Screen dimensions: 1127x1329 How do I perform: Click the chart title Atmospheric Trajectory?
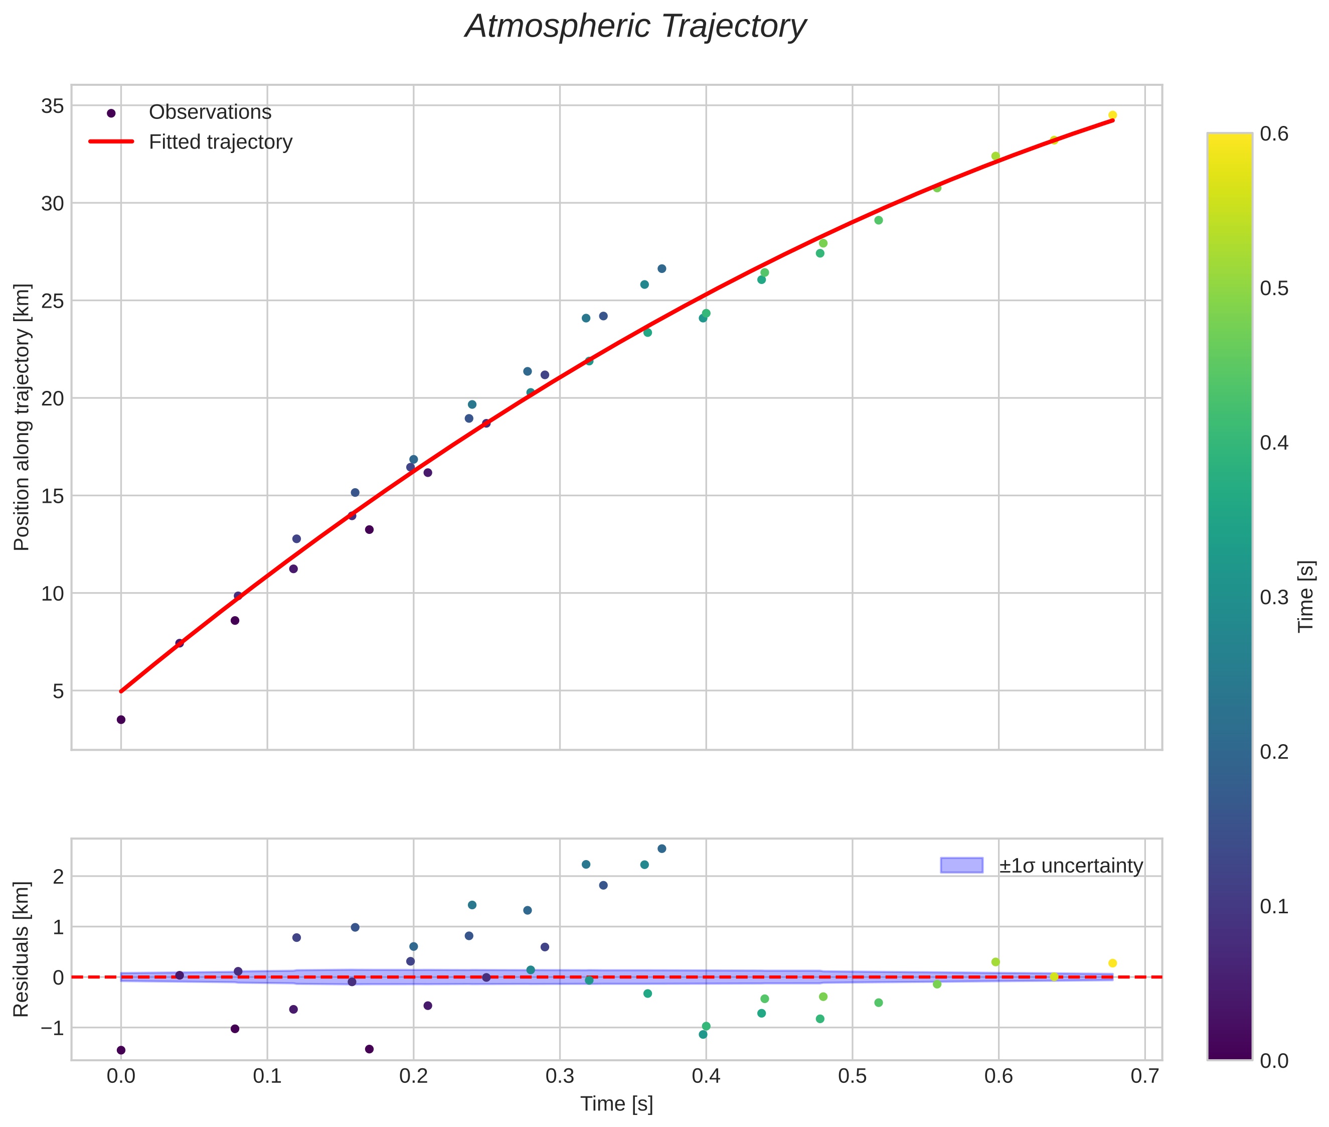[635, 27]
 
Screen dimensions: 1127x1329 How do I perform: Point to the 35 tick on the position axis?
[52, 106]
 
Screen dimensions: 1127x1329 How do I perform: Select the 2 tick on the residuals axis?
[58, 877]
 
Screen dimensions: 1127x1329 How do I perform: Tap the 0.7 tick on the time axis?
[1144, 1076]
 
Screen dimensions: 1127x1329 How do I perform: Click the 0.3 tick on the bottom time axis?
[560, 1076]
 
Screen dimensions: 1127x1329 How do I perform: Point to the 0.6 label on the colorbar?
[1273, 134]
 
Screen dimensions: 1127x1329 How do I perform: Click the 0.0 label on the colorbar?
[1273, 1061]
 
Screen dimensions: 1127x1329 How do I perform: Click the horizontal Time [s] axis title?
[616, 1104]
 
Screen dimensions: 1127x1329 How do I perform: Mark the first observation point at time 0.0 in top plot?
[121, 720]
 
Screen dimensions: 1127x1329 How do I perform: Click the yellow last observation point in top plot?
[1112, 115]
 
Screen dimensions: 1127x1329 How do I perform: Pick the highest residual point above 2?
[661, 849]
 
